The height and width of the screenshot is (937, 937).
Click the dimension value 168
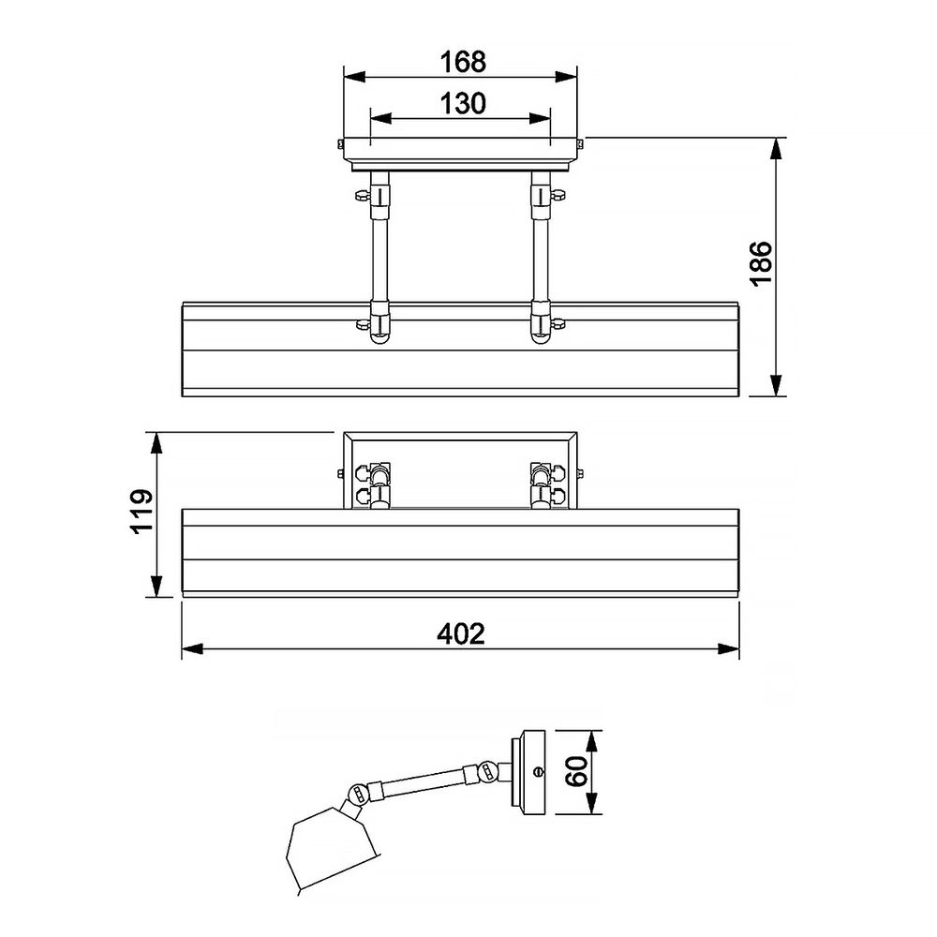pos(463,62)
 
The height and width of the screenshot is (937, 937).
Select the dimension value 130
pos(463,103)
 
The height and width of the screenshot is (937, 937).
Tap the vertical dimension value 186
pos(760,265)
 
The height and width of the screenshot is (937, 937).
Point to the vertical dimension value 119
pos(141,511)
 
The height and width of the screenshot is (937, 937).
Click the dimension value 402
pos(461,634)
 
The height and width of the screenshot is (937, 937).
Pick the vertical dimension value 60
pos(576,773)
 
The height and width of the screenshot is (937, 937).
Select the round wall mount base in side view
pos(531,773)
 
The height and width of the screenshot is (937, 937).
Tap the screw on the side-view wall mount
pos(536,772)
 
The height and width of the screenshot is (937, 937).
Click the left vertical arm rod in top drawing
pos(379,253)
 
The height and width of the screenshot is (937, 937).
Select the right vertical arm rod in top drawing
pos(540,253)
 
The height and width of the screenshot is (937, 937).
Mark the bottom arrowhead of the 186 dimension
pos(777,386)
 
